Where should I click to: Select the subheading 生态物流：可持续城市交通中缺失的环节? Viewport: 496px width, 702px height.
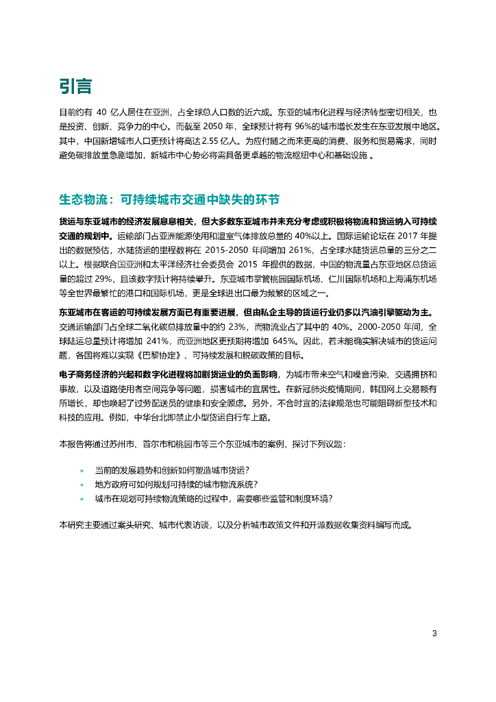coord(170,199)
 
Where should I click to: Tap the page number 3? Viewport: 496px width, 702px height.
coord(434,633)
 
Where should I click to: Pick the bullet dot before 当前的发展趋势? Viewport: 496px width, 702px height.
coord(82,471)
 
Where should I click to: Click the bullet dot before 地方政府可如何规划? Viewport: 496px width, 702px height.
coord(82,485)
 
